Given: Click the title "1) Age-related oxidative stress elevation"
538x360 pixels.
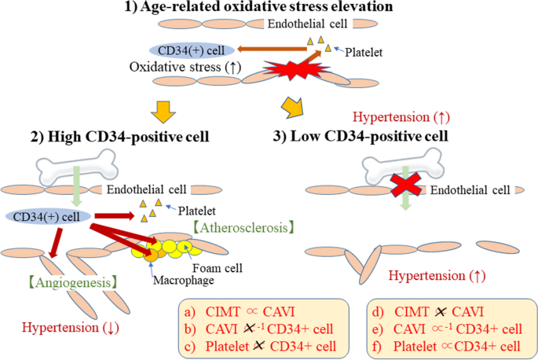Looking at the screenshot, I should [269, 9].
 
